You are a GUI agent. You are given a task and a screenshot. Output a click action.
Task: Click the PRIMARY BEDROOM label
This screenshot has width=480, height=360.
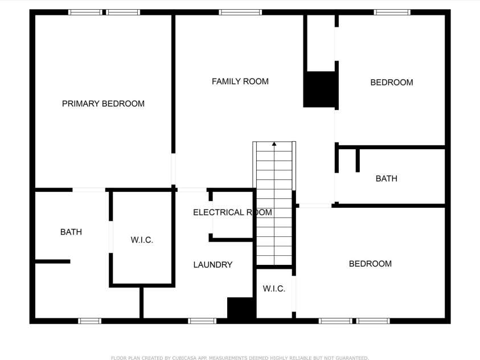[x=103, y=104]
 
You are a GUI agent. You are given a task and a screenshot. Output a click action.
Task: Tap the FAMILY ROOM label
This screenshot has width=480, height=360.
[x=240, y=81]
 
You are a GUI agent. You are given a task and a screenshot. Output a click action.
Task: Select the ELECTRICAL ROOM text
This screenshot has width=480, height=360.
[x=232, y=212]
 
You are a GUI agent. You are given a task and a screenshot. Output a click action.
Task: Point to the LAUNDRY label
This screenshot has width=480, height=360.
[x=212, y=264]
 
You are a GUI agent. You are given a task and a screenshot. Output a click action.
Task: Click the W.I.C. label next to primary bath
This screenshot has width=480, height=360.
[x=142, y=240]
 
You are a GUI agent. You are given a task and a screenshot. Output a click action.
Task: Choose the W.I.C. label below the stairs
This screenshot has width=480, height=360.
[x=274, y=289]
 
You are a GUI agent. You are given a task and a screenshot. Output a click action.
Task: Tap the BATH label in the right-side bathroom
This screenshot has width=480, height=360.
[x=386, y=178]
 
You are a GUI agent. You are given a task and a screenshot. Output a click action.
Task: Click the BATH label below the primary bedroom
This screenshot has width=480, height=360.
[x=71, y=232]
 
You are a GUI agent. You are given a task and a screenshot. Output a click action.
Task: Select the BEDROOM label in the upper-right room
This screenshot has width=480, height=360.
[x=391, y=83]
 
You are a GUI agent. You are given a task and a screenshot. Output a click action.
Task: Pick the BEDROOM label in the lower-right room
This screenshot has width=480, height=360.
[x=370, y=264]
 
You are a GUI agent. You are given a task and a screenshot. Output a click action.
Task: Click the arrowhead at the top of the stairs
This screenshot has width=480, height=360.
[x=274, y=144]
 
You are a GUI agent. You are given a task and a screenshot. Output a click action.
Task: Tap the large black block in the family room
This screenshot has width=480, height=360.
[x=320, y=89]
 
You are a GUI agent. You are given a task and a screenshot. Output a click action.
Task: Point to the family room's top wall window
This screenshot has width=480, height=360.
[x=240, y=12]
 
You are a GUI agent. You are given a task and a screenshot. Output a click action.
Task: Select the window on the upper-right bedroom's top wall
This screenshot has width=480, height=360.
[x=392, y=12]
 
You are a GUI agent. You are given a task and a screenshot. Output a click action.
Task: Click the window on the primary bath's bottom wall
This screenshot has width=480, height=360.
[x=89, y=321]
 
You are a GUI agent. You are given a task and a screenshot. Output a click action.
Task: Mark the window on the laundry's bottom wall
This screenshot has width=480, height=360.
[x=202, y=321]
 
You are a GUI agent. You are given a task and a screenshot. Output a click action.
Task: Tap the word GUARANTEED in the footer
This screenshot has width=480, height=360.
[x=351, y=358]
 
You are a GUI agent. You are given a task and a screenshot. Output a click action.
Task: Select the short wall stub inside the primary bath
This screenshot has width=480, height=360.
[x=52, y=261]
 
